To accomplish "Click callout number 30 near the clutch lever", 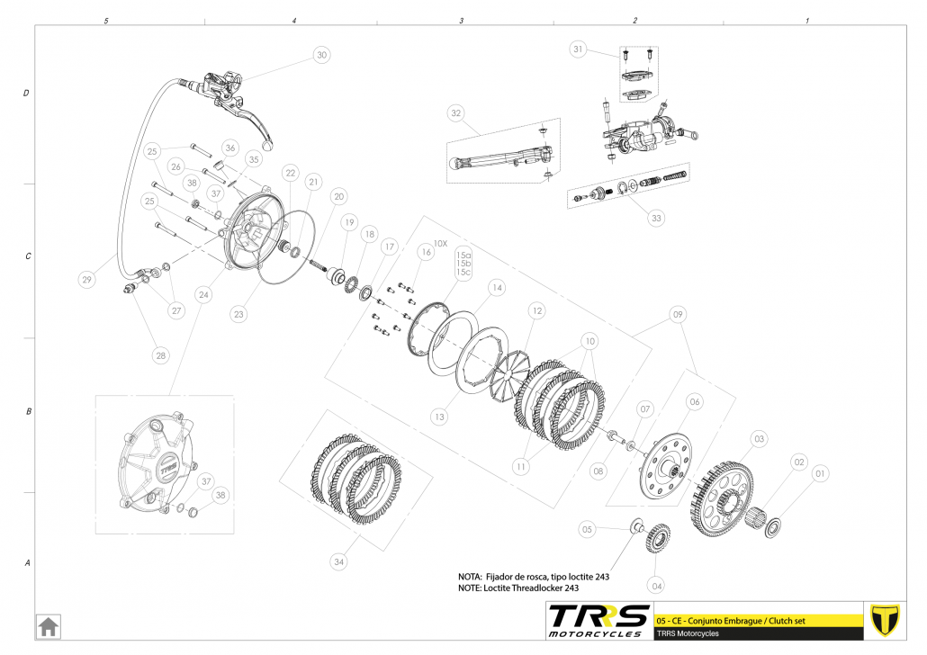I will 321,55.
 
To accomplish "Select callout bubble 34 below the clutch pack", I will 338,562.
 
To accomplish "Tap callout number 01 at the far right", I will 819,472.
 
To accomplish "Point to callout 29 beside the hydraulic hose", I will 86,280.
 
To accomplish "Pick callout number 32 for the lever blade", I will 456,113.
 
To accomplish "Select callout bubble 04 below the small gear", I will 657,586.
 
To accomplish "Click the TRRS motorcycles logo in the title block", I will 598,620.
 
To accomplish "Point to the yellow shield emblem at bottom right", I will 886,620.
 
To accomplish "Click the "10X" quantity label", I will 440,243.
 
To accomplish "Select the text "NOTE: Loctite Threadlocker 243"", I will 517,588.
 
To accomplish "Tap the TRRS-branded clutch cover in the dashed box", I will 157,465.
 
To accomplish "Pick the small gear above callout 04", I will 656,541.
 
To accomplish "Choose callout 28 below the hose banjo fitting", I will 160,355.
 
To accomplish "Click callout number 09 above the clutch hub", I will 678,315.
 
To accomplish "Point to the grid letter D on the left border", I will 27,94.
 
